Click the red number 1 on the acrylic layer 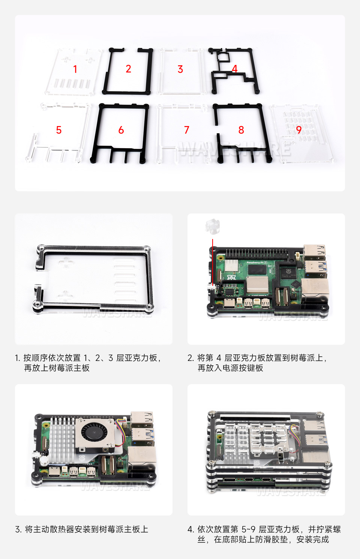pyautogui.click(x=75, y=69)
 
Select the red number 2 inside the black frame pyautogui.click(x=128, y=69)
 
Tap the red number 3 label pyautogui.click(x=180, y=69)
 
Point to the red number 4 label pyautogui.click(x=235, y=69)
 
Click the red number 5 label pyautogui.click(x=59, y=130)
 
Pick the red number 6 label pyautogui.click(x=121, y=130)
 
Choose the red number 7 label pyautogui.click(x=187, y=130)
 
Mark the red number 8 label pyautogui.click(x=241, y=130)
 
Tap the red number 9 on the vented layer pyautogui.click(x=299, y=130)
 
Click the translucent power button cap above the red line pyautogui.click(x=212, y=226)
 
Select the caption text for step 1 pyautogui.click(x=88, y=363)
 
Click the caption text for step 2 pyautogui.click(x=257, y=363)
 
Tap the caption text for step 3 pyautogui.click(x=82, y=529)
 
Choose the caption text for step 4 pyautogui.click(x=264, y=534)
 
